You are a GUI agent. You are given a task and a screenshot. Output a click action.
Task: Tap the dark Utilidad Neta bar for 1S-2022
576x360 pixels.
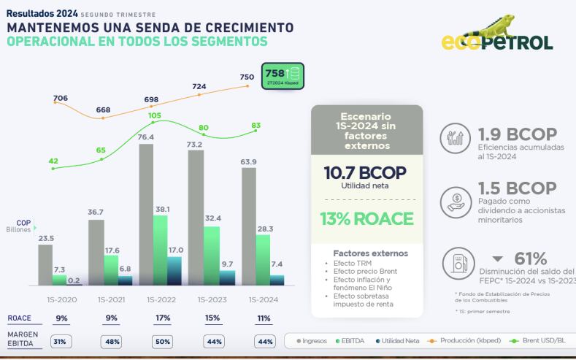tap(174, 270)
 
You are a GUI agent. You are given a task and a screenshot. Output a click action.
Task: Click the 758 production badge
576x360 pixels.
tap(283, 74)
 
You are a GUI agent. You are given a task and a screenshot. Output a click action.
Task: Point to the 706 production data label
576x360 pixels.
tap(61, 98)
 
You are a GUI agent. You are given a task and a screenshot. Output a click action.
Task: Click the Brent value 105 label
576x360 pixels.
tap(155, 115)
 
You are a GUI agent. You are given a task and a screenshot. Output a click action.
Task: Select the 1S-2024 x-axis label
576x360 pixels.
tap(263, 299)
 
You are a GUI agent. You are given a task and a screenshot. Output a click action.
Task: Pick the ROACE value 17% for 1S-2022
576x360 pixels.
tap(162, 318)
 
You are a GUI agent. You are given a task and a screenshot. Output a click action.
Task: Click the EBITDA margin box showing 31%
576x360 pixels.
tap(61, 341)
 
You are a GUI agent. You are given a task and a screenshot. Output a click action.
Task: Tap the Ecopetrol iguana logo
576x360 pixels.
tap(496, 37)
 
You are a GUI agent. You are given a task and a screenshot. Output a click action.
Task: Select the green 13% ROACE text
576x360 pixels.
tap(366, 219)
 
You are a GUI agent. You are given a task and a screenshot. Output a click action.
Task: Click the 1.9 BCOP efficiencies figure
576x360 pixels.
tap(517, 135)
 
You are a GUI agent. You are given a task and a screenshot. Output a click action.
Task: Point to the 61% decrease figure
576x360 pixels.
tap(530, 258)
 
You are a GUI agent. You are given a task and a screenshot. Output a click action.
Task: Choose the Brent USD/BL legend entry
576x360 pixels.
tap(541, 341)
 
